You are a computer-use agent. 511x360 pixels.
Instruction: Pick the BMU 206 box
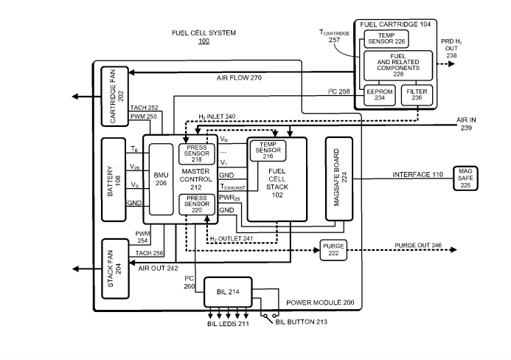161,181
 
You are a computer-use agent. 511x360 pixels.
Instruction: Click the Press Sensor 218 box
196,154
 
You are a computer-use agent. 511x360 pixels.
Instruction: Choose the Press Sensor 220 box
196,204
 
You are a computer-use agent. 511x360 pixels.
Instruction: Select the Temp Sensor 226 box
387,39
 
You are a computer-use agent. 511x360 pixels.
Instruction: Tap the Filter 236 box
417,95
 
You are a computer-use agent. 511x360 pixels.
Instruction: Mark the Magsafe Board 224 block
339,178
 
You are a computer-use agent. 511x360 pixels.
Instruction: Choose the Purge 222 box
333,249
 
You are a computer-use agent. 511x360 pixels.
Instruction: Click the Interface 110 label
417,174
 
